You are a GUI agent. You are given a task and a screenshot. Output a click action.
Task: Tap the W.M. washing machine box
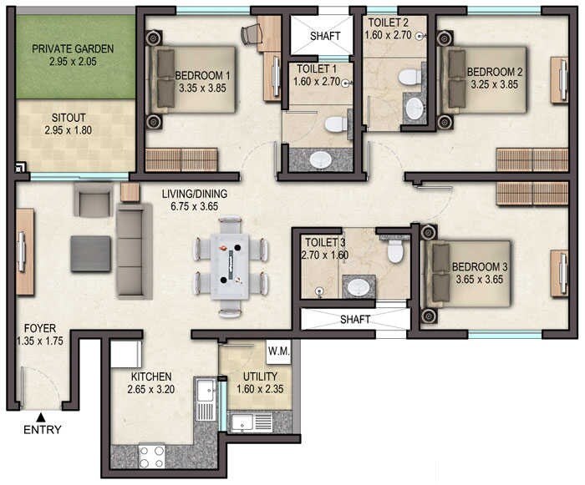pyautogui.click(x=278, y=351)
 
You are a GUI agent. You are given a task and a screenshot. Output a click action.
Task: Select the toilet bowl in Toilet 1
pyautogui.click(x=336, y=125)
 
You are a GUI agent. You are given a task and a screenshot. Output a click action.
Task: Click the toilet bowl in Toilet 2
pyautogui.click(x=409, y=78)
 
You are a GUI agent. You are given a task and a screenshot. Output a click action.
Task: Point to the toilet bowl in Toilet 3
pyautogui.click(x=394, y=250)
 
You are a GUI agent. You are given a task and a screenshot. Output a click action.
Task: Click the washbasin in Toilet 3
pyautogui.click(x=359, y=287)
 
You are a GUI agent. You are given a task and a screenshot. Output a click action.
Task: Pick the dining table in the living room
pyautogui.click(x=231, y=265)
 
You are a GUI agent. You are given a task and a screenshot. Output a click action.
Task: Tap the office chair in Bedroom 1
pyautogui.click(x=252, y=34)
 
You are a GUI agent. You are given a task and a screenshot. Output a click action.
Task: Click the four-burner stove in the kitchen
pyautogui.click(x=151, y=456)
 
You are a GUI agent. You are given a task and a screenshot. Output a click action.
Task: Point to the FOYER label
pyautogui.click(x=39, y=328)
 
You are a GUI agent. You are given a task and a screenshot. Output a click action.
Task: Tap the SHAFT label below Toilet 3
pyautogui.click(x=354, y=320)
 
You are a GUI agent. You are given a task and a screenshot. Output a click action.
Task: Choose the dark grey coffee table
pyautogui.click(x=91, y=254)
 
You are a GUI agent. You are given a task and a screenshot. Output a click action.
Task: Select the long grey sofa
pyautogui.click(x=134, y=251)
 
